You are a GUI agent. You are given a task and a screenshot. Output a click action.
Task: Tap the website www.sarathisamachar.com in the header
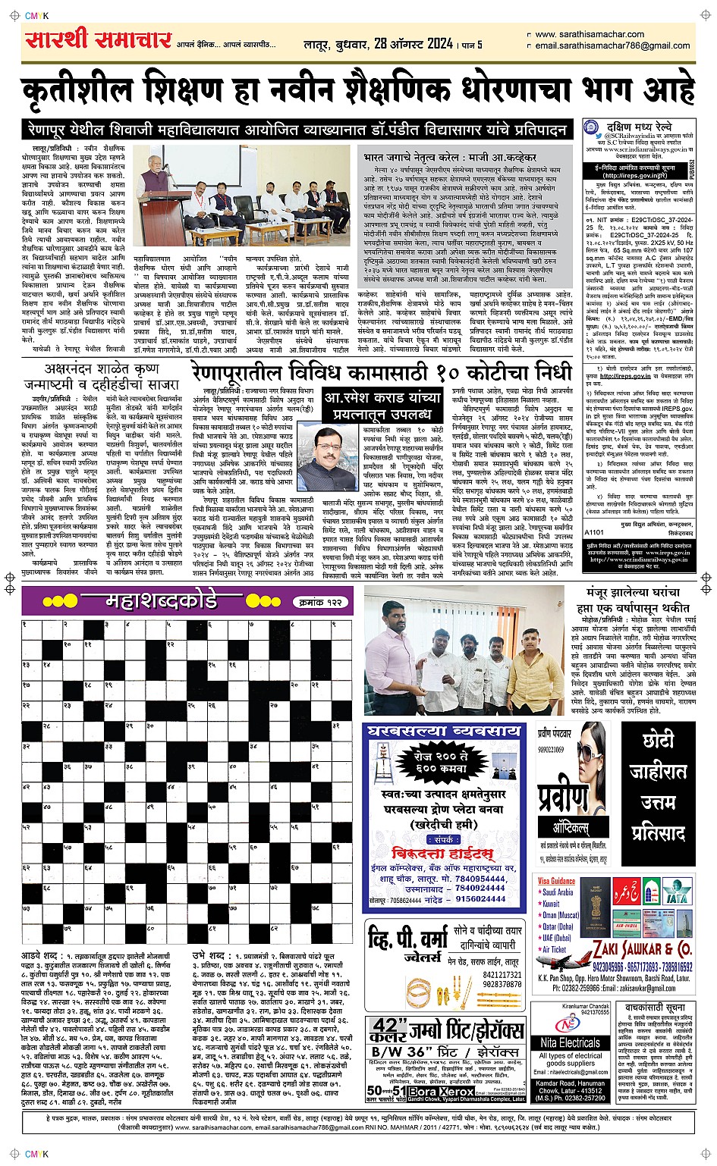click(590, 34)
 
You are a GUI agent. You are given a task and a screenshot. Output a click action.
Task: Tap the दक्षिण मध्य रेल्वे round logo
click(593, 129)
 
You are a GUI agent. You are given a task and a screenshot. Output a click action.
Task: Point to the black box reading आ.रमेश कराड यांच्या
click(382, 406)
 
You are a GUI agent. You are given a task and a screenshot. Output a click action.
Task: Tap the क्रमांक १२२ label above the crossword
click(319, 602)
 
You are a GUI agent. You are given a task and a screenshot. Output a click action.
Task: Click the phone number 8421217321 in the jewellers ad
click(502, 975)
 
